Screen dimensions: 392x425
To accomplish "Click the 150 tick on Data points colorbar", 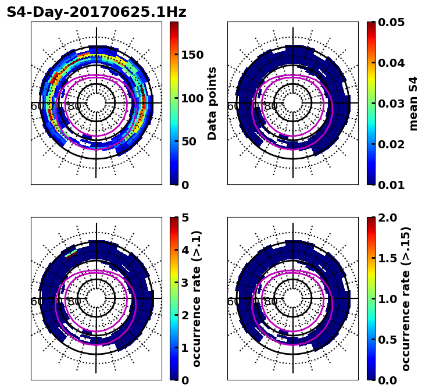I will [192, 55].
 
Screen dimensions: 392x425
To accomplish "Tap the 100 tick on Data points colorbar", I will [192, 98].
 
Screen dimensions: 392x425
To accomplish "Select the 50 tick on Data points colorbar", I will [188, 141].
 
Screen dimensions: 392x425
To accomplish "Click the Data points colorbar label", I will [212, 103].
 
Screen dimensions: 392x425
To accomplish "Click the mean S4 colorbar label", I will [413, 103].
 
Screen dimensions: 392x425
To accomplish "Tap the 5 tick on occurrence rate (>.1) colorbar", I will [185, 218].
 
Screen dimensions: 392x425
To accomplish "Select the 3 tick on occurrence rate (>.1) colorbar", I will [185, 283].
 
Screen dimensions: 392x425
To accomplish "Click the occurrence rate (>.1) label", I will [197, 298].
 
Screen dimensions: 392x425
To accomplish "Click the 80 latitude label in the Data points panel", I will [74, 106].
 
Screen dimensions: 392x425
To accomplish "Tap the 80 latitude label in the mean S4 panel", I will [271, 106].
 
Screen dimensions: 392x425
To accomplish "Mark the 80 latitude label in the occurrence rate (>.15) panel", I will [271, 302].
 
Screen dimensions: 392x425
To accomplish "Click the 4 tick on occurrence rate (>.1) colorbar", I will [185, 250].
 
